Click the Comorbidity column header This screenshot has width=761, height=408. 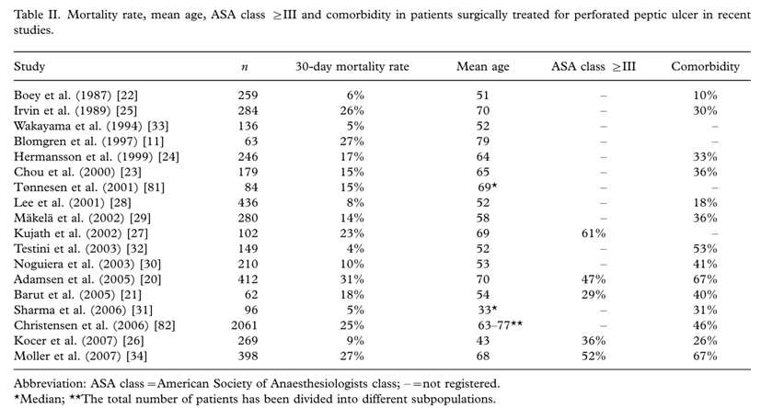coord(705,66)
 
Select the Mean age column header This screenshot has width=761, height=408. coord(483,67)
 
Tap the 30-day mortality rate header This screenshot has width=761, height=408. coord(352,67)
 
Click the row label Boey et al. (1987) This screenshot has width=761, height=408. coord(75,96)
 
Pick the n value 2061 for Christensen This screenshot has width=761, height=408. coord(244,325)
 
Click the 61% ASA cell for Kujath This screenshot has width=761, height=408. coord(594,233)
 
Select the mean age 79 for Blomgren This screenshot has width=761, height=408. coord(483,141)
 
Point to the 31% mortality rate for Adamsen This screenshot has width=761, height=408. coord(352,279)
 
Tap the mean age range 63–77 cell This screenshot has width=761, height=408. coord(500,324)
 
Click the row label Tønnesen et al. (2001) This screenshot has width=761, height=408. coord(89,187)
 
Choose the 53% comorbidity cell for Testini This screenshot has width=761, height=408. coord(705,249)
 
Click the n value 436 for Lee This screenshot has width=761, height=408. coord(248,202)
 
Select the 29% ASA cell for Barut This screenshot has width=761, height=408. coord(594,295)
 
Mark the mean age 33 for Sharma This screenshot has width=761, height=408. coord(488,310)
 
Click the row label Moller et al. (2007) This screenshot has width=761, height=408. coord(81,357)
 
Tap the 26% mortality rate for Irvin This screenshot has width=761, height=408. coord(352,110)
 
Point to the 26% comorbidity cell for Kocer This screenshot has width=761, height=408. coord(705,341)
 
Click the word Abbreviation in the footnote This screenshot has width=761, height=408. coord(50,384)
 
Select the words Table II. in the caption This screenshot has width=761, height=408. coord(37,15)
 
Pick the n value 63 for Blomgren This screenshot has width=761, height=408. coord(251,141)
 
